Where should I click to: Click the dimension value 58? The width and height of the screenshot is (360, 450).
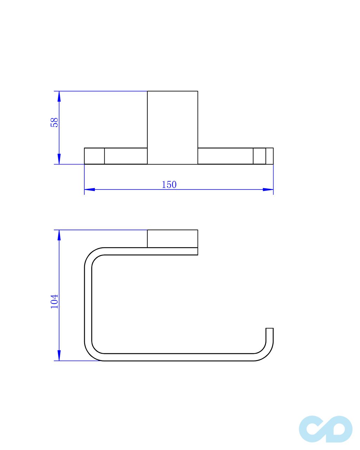coord(54,123)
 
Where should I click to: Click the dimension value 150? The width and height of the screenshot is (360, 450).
coord(169,185)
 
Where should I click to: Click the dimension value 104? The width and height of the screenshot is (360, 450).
coord(54,301)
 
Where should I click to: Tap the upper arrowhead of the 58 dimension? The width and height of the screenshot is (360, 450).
coord(59,96)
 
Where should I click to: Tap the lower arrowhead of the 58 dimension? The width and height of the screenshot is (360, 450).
coord(59,159)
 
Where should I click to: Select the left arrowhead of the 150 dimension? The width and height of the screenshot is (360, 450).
coord(90,189)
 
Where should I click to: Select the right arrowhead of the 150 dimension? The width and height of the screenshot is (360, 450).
coord(268,189)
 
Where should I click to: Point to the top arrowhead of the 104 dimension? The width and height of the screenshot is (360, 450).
coord(59,235)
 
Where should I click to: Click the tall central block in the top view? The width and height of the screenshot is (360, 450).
coord(173,128)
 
